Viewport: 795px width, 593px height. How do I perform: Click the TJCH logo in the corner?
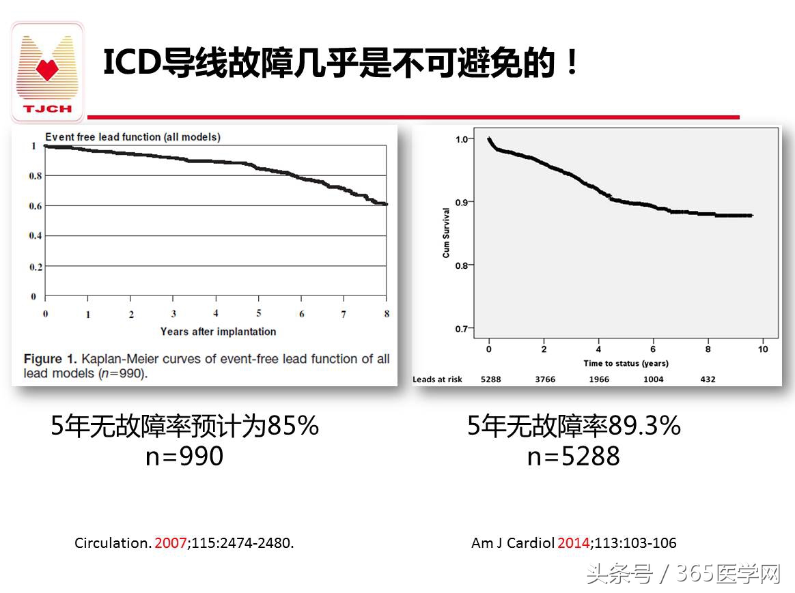coord(47,72)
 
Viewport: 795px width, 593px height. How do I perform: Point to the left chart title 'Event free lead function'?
coord(132,137)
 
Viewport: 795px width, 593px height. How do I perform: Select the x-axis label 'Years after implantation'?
coord(218,332)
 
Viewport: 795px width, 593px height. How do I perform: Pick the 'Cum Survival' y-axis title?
coord(447,233)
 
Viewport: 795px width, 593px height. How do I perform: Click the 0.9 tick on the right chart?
coord(462,202)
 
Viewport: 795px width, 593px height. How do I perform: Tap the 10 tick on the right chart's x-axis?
coord(763,349)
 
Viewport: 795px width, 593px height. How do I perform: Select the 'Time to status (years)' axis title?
coord(626,363)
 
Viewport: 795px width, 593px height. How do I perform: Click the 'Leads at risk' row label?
coord(437,379)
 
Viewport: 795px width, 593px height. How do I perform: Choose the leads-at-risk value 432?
coord(708,379)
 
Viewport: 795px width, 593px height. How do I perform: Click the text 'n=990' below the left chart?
coord(184,456)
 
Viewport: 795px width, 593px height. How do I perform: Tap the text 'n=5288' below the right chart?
coord(574,456)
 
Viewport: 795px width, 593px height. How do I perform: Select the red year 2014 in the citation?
coord(572,544)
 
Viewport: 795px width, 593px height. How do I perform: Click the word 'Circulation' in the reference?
coord(111,544)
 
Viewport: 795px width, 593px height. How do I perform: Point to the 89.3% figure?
coord(644,426)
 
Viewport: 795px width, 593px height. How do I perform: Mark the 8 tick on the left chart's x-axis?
coord(387,314)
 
